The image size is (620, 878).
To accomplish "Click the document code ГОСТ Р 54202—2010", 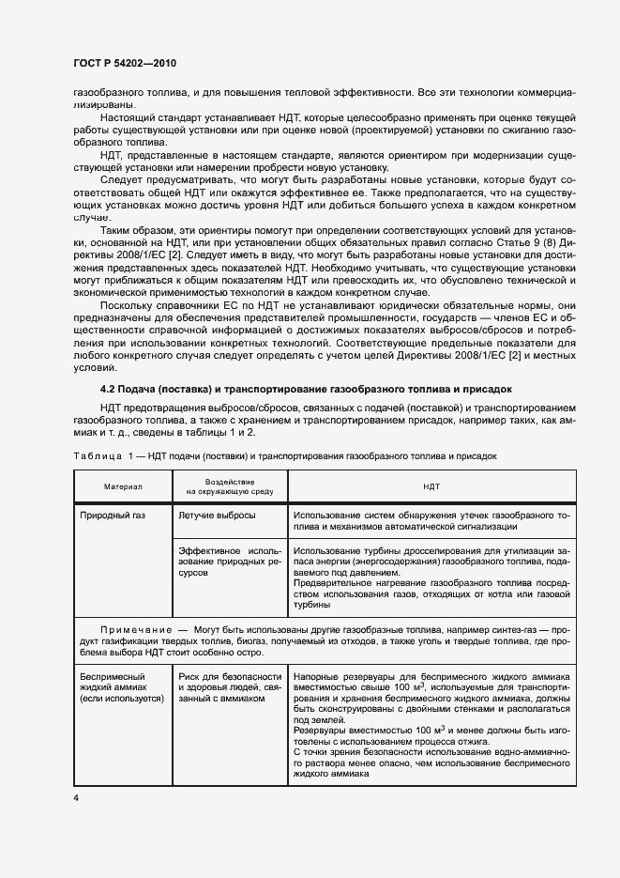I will click(124, 63).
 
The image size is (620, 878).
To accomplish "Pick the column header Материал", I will click(122, 486).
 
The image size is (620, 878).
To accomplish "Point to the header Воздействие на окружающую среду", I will click(229, 486).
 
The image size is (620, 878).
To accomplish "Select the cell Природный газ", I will click(112, 516).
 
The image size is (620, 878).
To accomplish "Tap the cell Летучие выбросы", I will click(216, 516).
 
